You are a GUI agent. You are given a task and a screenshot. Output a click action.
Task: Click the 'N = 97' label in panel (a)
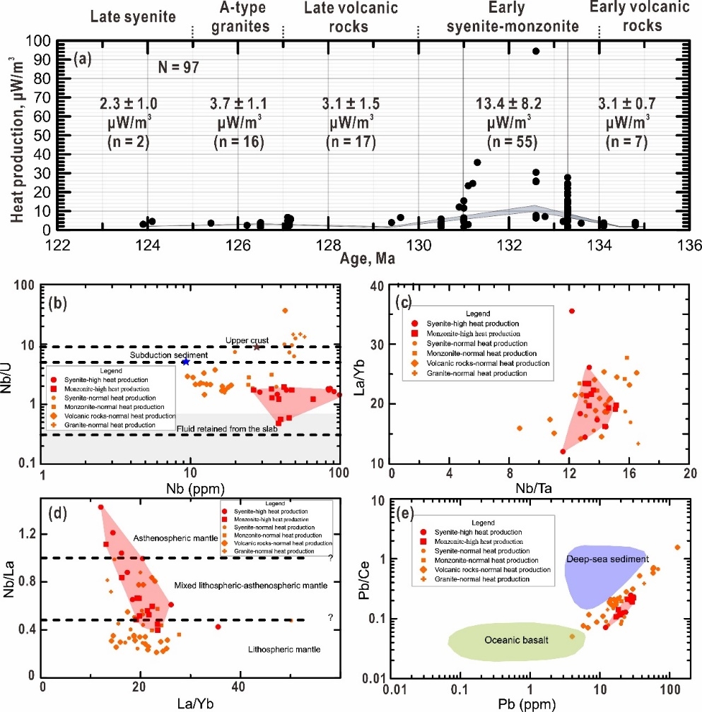point(177,68)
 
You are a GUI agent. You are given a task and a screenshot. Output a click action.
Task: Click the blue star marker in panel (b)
point(186,362)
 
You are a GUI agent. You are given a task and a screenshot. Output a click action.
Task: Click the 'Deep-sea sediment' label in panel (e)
point(607,559)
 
